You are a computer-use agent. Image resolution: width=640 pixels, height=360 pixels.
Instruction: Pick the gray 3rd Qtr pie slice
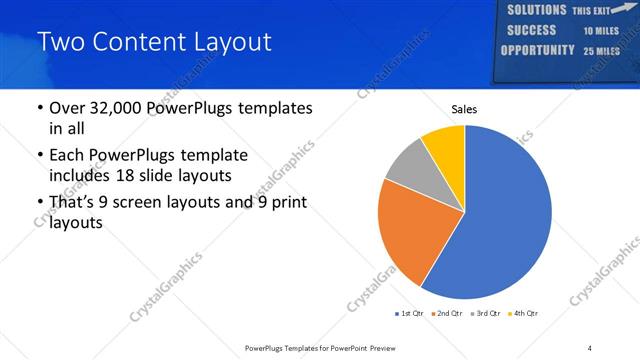[407, 165]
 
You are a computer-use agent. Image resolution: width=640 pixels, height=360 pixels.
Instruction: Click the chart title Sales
[465, 108]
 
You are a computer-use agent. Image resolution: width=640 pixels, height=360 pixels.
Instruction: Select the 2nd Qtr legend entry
[447, 314]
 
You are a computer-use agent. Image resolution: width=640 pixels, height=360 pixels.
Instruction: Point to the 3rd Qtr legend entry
[485, 314]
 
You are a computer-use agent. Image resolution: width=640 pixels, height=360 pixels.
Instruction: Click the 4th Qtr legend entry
[523, 314]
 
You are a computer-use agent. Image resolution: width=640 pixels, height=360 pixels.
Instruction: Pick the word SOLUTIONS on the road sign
[536, 10]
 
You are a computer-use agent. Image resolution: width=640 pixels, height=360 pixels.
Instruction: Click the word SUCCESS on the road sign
[532, 30]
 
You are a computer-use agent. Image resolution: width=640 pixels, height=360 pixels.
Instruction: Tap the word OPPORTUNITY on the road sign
[538, 50]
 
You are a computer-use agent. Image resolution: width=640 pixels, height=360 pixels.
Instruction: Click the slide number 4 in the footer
[590, 347]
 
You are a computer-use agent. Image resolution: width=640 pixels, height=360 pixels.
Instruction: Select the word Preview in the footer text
[390, 347]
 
